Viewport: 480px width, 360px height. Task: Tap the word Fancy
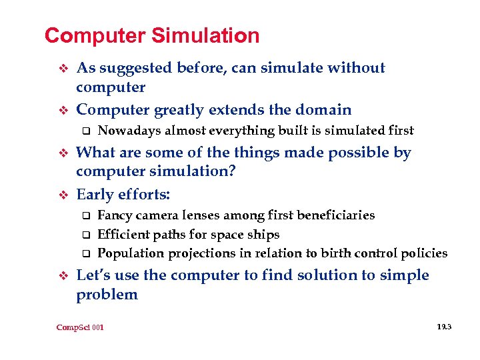113,215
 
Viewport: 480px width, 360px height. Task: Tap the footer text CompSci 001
80,327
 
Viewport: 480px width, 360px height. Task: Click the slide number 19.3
444,327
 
